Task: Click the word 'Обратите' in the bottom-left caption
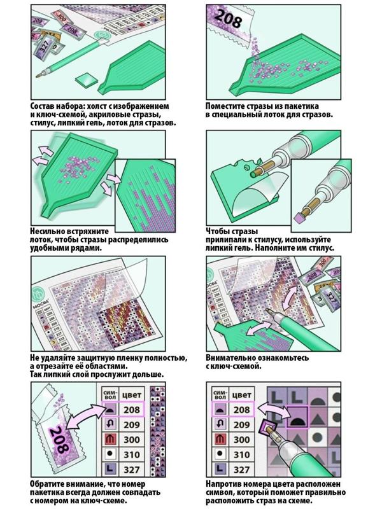pos(52,483)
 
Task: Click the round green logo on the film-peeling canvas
pos(39,295)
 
